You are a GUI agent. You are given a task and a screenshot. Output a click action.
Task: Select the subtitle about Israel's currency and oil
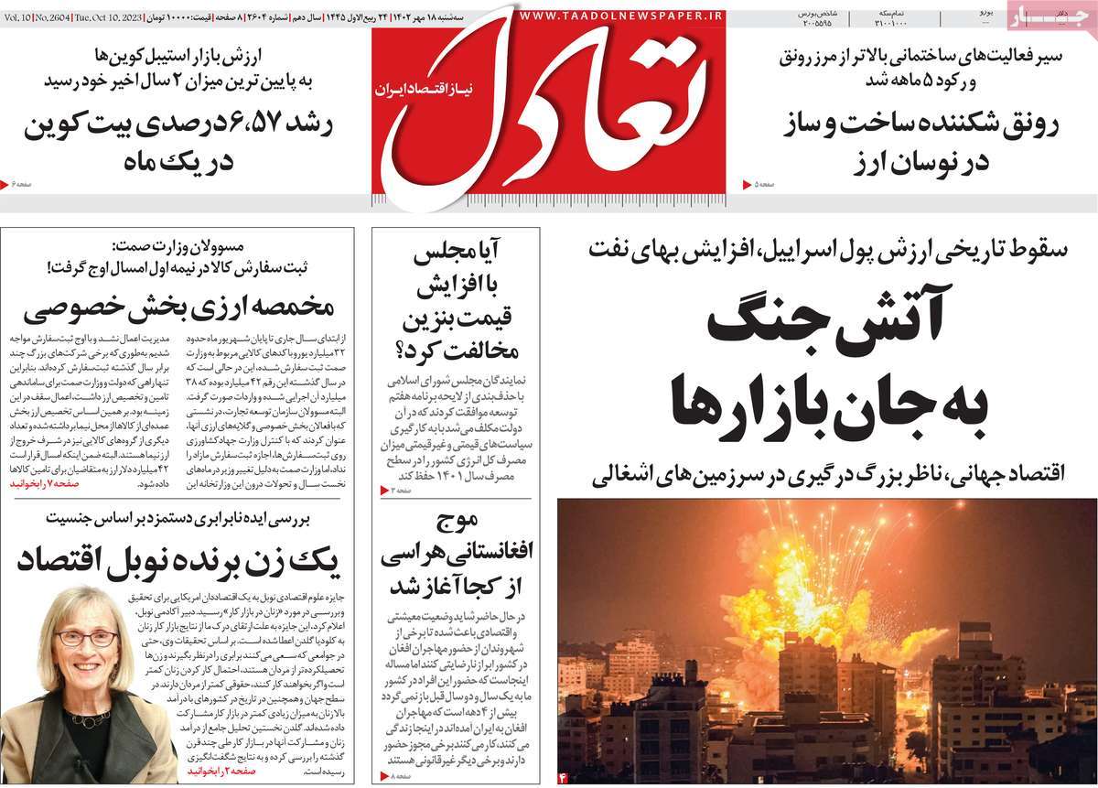pos(829,248)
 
